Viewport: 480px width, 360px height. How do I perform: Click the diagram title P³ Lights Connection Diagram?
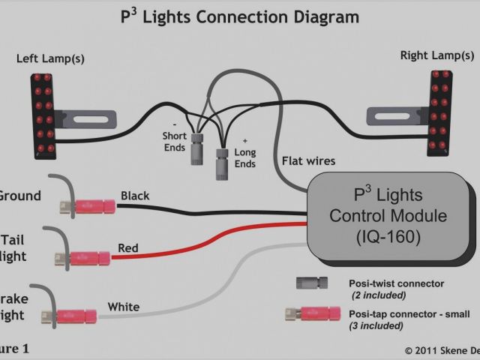pos(239,16)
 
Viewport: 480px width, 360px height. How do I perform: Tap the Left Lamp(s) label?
pos(51,58)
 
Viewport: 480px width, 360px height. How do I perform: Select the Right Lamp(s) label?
pos(437,55)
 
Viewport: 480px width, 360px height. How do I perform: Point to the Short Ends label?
pos(175,141)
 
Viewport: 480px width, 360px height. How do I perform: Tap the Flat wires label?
pos(308,160)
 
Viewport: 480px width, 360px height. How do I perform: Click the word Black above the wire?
pos(135,196)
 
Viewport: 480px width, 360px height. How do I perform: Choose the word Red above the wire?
pos(127,248)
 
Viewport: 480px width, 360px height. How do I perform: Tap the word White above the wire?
pos(123,306)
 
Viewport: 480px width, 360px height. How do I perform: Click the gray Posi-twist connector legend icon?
pos(312,283)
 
